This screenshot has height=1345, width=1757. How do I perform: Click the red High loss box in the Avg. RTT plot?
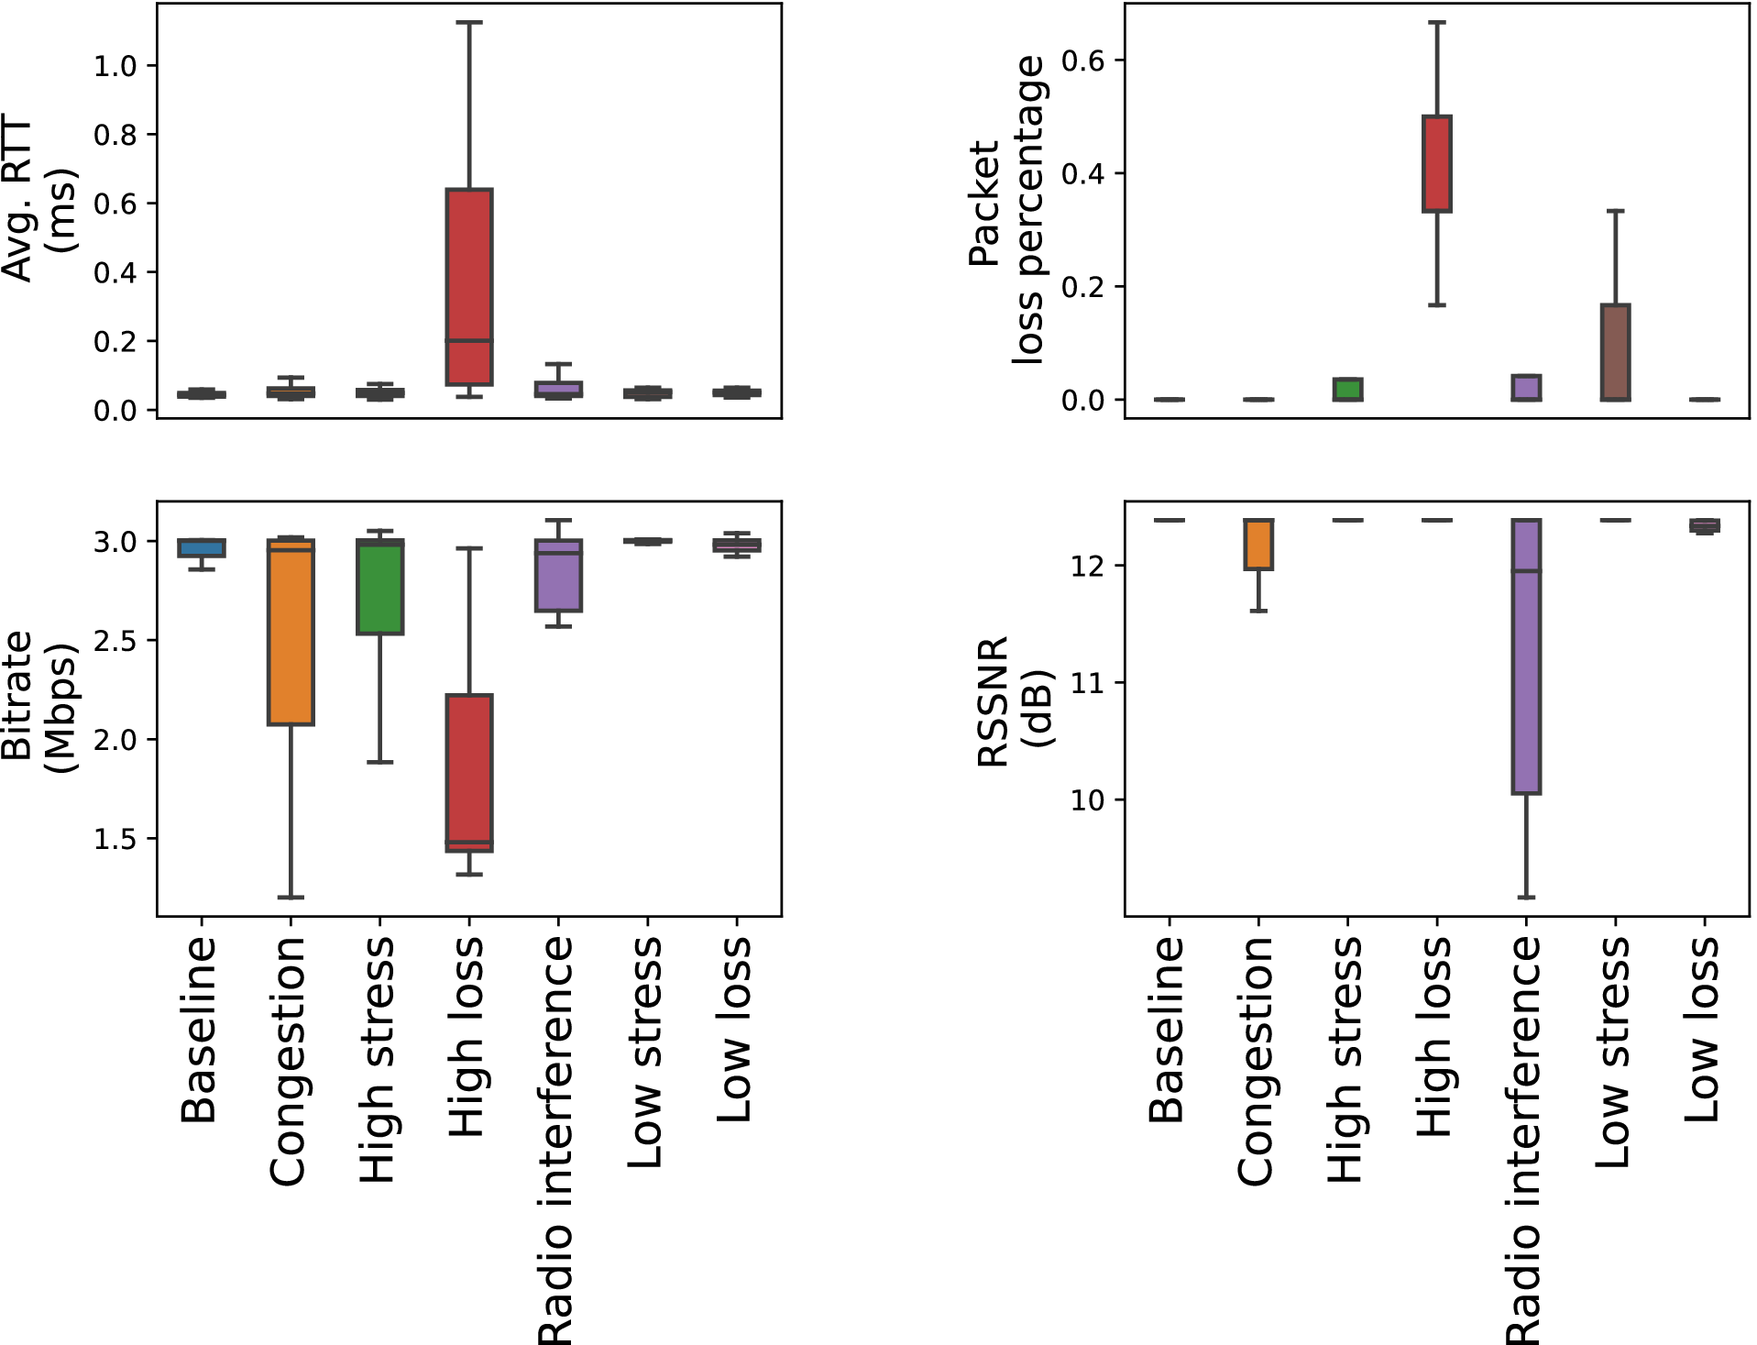coord(469,286)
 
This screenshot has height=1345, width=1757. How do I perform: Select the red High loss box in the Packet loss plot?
coord(1436,163)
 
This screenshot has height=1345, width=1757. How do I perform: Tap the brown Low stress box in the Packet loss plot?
coord(1615,352)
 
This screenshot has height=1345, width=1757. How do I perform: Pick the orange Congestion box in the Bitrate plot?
coord(291,633)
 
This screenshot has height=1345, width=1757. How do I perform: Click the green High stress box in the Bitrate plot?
coord(380,587)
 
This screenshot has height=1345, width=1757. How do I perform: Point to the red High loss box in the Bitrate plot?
coord(469,773)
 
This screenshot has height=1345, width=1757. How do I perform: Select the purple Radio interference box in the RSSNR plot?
coord(1526,656)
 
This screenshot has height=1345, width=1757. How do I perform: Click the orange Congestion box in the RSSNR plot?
coord(1258,545)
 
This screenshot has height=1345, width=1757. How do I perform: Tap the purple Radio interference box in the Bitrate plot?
coord(558,576)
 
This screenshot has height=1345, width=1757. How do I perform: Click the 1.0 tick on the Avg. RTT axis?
coord(115,66)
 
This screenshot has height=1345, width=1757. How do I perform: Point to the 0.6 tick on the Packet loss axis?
coord(1082,61)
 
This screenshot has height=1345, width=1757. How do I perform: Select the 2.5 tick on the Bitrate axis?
coord(115,640)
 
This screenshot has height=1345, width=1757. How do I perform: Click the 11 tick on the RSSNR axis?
coord(1088,683)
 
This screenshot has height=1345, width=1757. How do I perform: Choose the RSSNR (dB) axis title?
coord(1015,701)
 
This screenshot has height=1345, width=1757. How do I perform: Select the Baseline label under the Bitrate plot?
coord(199,1030)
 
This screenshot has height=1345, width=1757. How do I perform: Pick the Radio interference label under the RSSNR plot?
coord(1524,1140)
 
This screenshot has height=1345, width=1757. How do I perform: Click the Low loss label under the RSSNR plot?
coord(1703,1030)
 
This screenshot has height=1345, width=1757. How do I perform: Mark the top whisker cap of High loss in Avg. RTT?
coord(469,22)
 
